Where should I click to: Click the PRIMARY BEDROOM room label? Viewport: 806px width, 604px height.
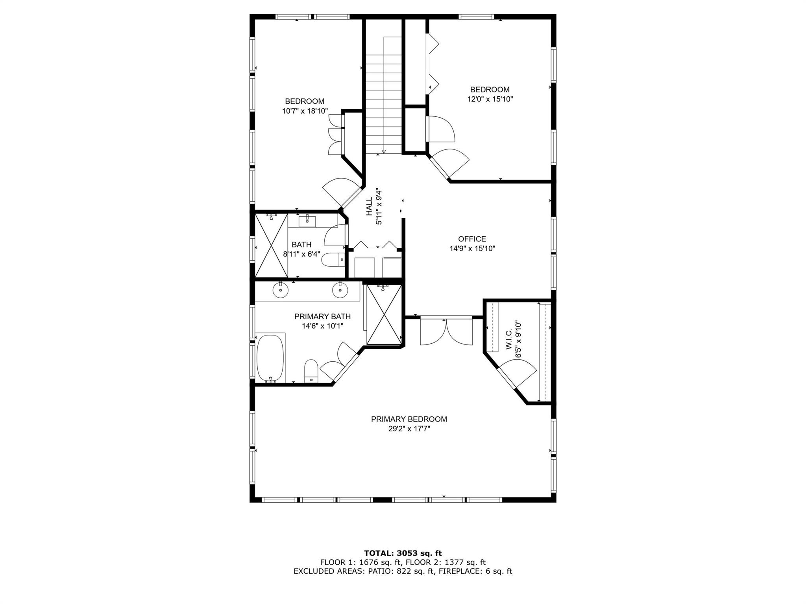click(x=409, y=419)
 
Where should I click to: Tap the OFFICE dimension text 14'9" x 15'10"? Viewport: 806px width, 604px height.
click(x=472, y=249)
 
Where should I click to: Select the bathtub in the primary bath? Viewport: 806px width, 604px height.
click(x=270, y=358)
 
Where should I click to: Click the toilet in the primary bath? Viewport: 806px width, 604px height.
click(x=311, y=370)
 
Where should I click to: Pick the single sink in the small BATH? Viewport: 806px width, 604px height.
click(x=307, y=222)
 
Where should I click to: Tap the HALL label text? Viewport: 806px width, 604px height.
click(x=369, y=206)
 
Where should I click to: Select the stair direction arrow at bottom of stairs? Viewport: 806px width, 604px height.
click(x=383, y=151)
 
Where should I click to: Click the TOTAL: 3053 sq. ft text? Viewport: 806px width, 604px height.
click(x=403, y=554)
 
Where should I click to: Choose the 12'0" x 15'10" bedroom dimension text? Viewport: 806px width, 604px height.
click(x=490, y=99)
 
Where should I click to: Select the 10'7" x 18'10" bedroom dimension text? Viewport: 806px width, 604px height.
click(x=305, y=111)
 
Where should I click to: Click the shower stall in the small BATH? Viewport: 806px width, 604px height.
click(x=271, y=245)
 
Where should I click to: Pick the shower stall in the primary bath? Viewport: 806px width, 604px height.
click(x=384, y=315)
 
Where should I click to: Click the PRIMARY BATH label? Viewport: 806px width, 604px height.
click(x=322, y=317)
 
